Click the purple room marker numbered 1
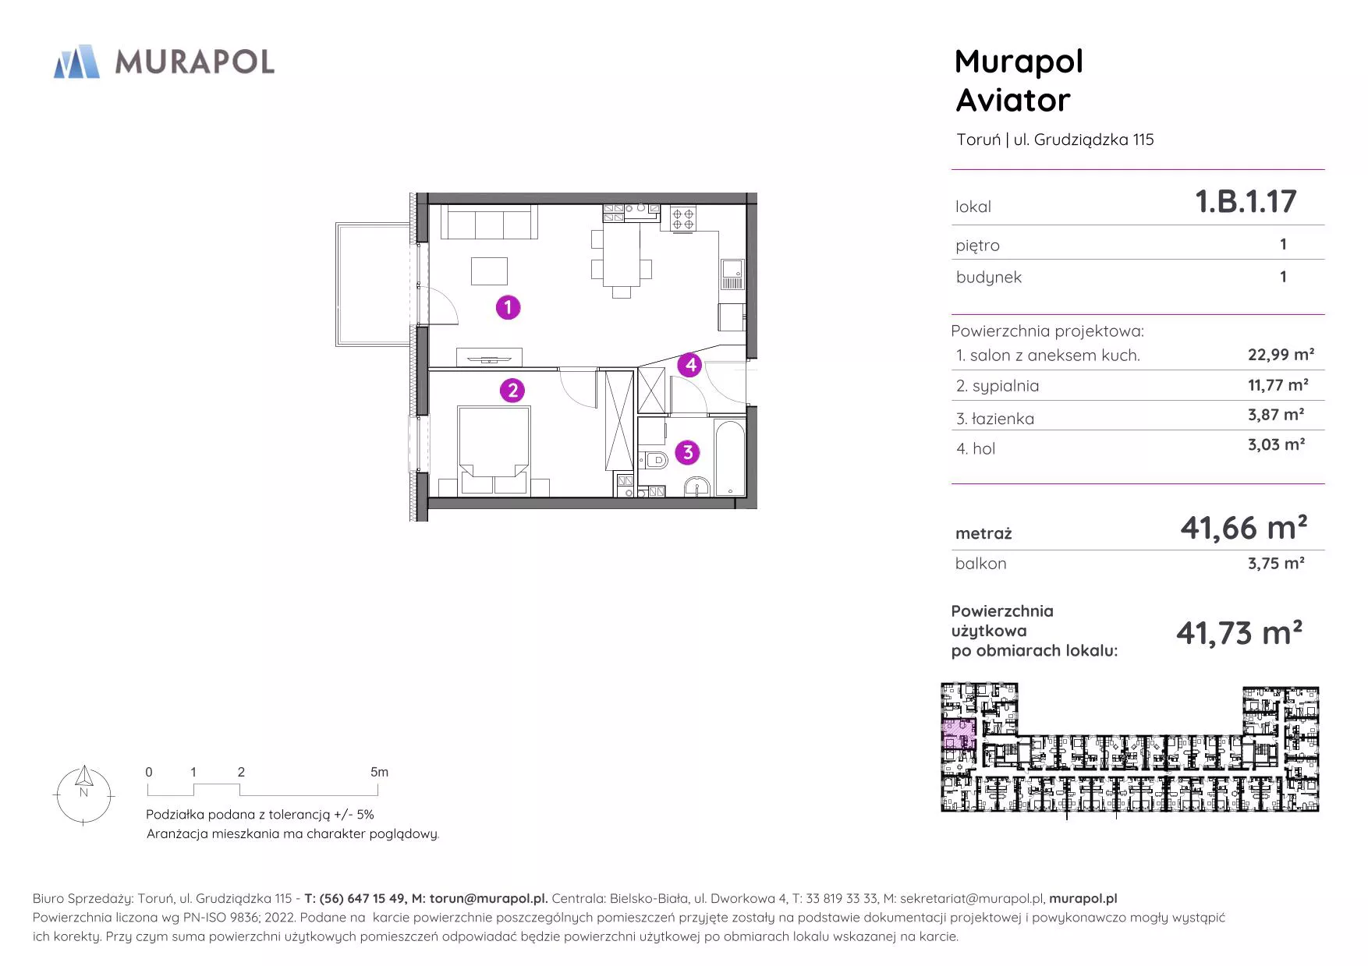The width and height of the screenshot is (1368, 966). (508, 307)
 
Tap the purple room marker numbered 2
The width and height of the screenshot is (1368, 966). (512, 391)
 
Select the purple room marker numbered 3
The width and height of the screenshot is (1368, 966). (687, 452)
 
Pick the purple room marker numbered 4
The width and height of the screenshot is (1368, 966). (690, 364)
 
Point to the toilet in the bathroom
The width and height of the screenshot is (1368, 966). (654, 460)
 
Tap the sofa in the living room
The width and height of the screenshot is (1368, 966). (489, 221)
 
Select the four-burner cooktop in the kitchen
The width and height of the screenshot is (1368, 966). (683, 218)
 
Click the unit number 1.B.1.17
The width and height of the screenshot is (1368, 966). (1246, 201)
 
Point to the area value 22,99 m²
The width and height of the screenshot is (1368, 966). (1281, 355)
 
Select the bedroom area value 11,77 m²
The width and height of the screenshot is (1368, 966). (1278, 385)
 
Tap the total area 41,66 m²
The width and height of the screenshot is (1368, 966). (1243, 528)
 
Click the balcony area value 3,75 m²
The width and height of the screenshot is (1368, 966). (1276, 563)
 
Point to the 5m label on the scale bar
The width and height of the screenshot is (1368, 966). (379, 772)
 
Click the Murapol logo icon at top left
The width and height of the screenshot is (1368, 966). (76, 62)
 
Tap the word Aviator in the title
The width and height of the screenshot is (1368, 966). (1013, 101)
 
